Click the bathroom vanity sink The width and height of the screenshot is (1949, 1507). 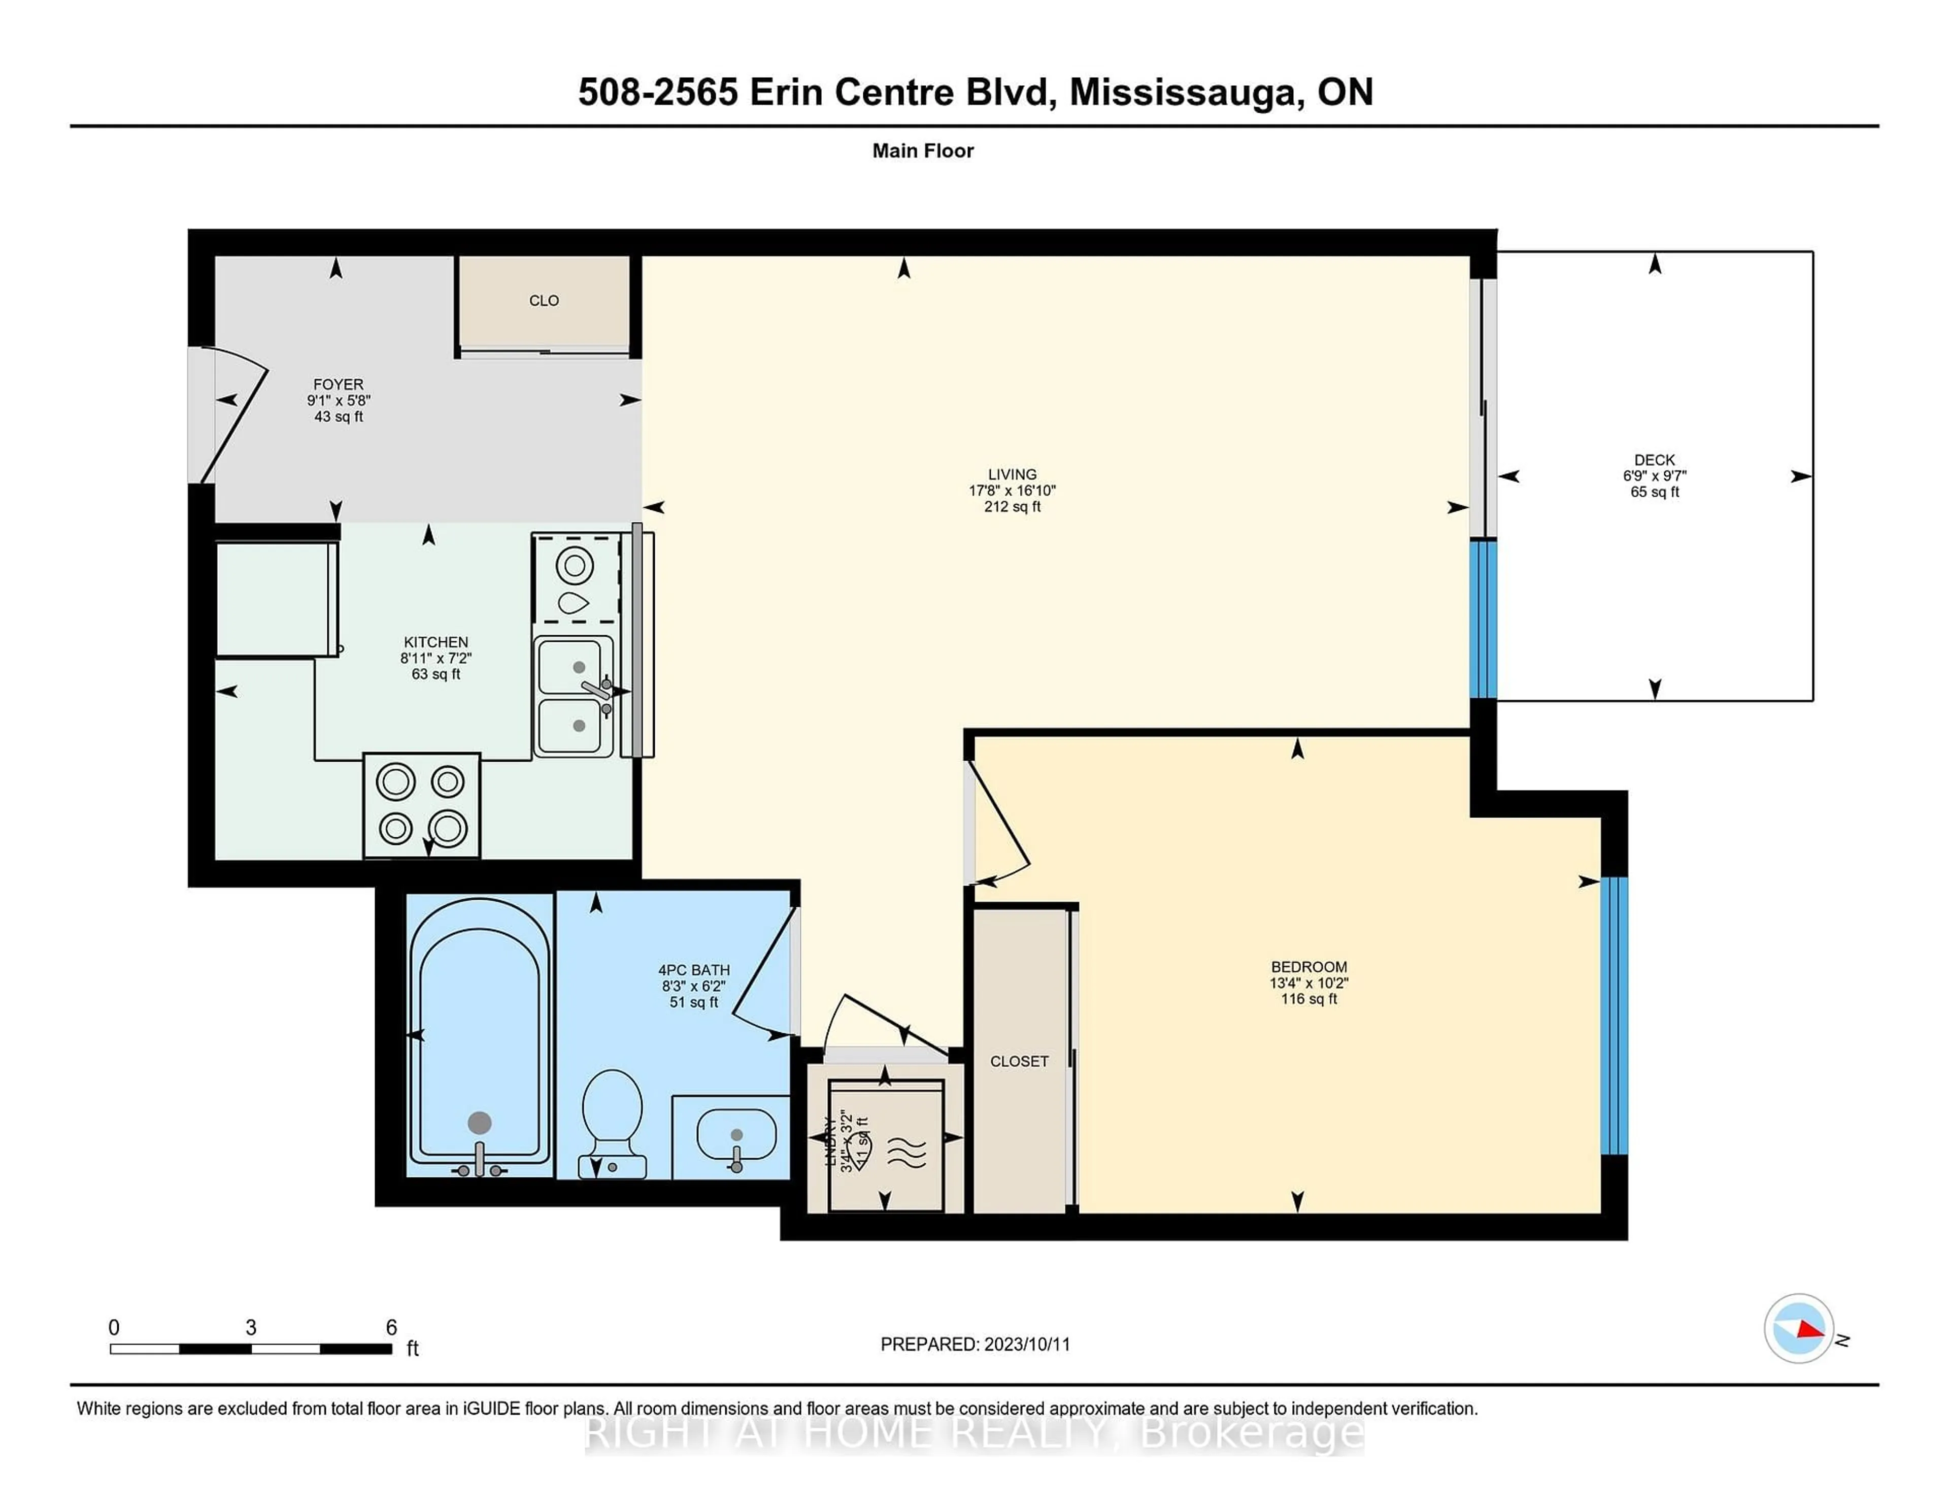(x=735, y=1136)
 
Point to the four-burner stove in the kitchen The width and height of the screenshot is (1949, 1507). (x=421, y=805)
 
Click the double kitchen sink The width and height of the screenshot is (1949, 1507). (x=574, y=696)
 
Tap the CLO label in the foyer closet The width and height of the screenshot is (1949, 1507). (x=544, y=301)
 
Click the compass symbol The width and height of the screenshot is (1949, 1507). (x=1798, y=1328)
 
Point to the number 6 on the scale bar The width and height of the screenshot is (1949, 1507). (x=391, y=1328)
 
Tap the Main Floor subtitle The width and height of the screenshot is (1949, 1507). (x=923, y=151)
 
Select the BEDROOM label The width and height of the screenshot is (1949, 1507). (x=1308, y=967)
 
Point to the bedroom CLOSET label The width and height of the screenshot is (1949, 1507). (x=1019, y=1062)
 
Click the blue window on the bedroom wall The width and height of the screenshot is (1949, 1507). (x=1614, y=1016)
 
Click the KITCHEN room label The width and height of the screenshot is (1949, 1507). (x=435, y=642)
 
